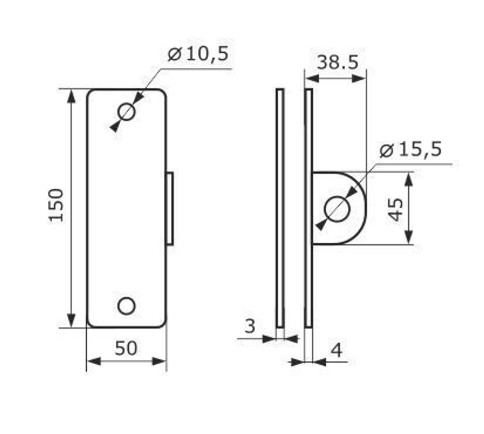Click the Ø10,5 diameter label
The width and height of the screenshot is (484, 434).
198,54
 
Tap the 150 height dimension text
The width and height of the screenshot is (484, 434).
56,205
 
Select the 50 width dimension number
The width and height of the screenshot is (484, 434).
126,348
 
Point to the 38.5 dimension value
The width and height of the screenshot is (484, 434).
338,62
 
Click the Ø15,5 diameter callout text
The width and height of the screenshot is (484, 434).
410,149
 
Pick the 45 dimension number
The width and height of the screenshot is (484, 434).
396,209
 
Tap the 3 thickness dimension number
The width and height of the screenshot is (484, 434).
250,325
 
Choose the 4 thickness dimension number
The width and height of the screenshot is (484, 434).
337,350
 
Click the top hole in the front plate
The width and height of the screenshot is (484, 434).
126,112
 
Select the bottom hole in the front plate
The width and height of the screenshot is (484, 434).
126,306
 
